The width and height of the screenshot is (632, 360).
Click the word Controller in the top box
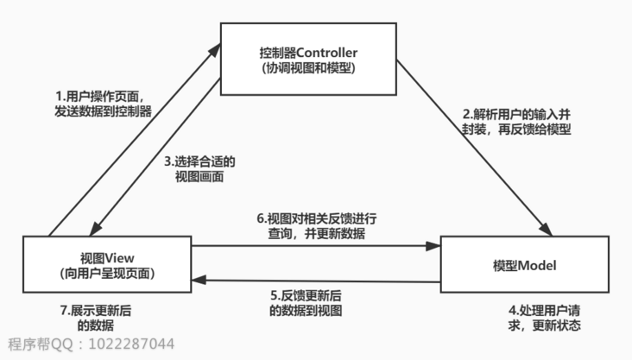pos(333,49)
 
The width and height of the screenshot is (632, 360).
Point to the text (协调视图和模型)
pos(308,67)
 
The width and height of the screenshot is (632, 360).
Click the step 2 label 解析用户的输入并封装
pos(517,121)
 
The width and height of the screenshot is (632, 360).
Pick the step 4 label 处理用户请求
pos(543,318)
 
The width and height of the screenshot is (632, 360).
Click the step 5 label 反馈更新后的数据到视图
pos(307,303)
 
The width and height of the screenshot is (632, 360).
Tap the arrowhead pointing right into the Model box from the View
pos(434,246)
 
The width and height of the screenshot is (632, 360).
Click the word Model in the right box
pos(538,263)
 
